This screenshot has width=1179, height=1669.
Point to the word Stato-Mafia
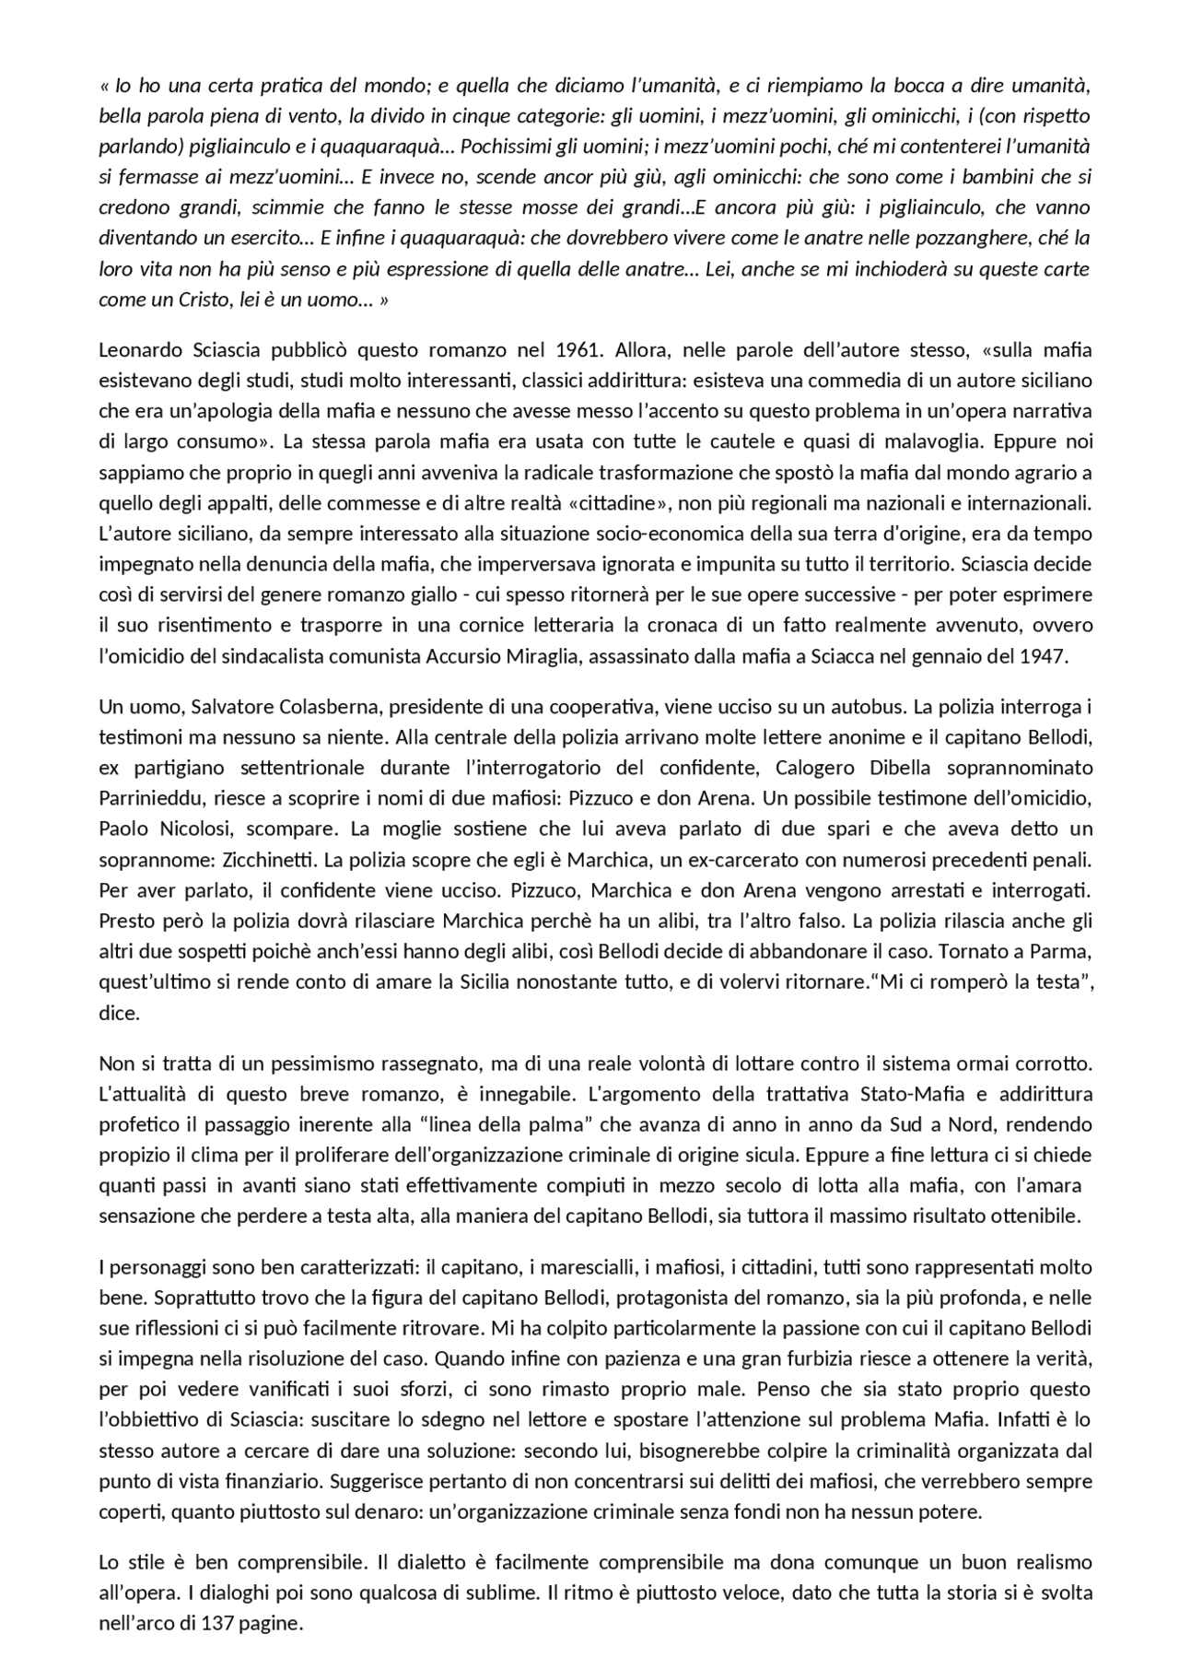[910, 1095]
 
